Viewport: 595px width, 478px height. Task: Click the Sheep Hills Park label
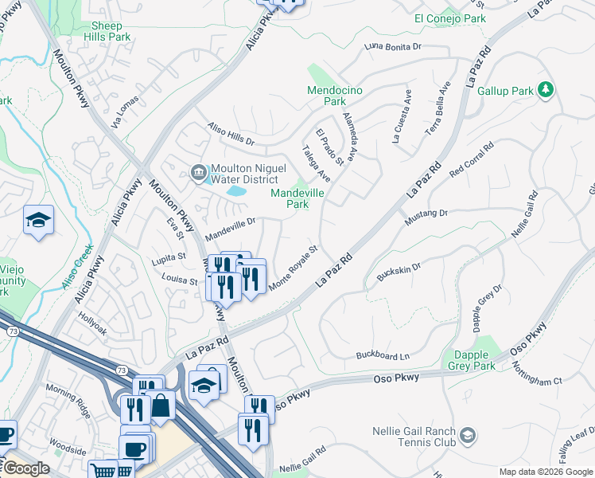click(x=107, y=31)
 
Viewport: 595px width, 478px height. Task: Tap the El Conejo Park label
click(x=449, y=18)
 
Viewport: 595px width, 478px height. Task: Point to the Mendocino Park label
click(x=335, y=96)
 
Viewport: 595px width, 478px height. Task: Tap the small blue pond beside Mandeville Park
click(x=237, y=190)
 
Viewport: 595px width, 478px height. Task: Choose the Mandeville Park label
click(x=300, y=198)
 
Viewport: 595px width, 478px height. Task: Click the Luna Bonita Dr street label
click(x=392, y=47)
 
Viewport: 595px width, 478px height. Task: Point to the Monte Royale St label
click(x=294, y=268)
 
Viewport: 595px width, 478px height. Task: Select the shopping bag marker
click(x=161, y=406)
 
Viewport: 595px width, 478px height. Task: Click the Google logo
click(x=25, y=468)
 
